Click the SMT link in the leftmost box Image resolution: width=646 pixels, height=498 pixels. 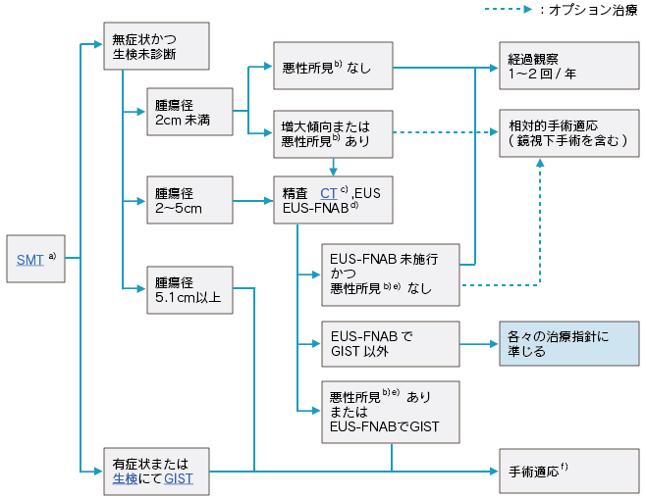(29, 260)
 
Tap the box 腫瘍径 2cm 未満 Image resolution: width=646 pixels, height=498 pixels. (188, 112)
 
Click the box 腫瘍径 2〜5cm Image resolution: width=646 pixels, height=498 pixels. (188, 200)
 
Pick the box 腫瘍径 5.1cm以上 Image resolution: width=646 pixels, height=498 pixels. (188, 288)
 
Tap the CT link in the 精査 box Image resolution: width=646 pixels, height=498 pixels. (329, 193)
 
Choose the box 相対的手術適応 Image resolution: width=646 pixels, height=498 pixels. (567, 133)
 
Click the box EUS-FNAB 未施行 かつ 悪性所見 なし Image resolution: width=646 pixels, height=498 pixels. (391, 274)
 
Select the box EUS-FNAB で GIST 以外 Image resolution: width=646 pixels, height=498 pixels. (391, 343)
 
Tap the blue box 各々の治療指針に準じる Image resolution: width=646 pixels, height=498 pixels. (567, 343)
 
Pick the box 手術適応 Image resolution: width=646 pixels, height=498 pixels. (567, 472)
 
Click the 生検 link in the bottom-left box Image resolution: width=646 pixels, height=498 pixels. (125, 479)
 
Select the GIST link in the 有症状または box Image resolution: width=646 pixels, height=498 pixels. (178, 479)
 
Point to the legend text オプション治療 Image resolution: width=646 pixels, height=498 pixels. (600, 11)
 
